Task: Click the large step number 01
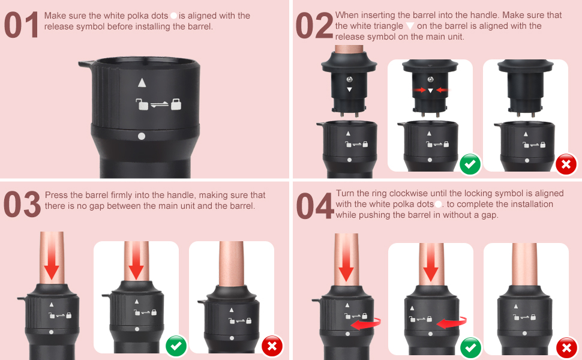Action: coord(22,26)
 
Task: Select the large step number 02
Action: coord(314,26)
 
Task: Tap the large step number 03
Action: coord(22,205)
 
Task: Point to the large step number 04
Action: coord(314,205)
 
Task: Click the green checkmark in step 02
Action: coord(470,164)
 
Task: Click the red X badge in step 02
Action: coord(566,164)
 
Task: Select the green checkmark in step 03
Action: coord(176,346)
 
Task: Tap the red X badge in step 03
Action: coord(272,346)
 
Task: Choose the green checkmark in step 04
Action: coord(470,347)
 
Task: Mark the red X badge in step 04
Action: coord(566,347)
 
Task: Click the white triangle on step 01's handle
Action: coord(142,83)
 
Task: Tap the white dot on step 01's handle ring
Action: coord(142,136)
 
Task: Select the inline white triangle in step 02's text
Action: coord(410,26)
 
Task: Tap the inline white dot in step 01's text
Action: coord(173,16)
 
